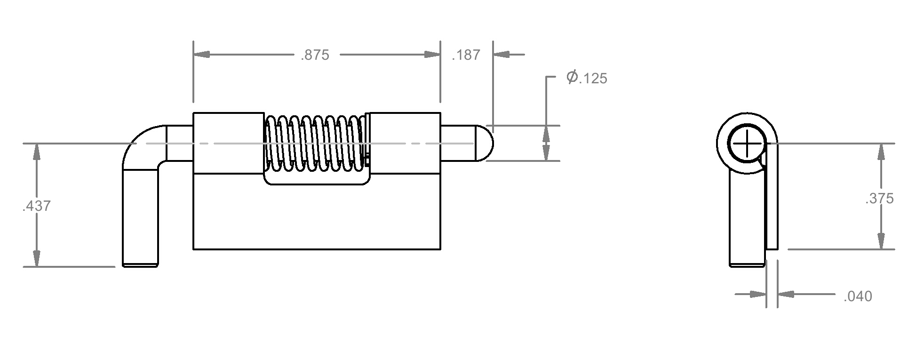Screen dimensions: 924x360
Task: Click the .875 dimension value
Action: tap(315, 55)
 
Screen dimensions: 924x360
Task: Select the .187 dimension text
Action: tap(466, 55)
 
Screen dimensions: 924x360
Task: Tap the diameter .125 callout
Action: tap(587, 78)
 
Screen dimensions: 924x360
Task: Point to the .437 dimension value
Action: tap(36, 206)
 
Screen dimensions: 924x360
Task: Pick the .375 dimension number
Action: tap(879, 199)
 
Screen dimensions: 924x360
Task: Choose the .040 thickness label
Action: tap(858, 296)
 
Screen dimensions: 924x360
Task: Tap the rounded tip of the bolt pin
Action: tap(484, 143)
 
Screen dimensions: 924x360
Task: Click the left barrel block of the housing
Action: tap(228, 143)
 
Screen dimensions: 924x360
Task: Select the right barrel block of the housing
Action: tap(405, 143)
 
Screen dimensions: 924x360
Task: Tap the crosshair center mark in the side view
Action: tap(747, 143)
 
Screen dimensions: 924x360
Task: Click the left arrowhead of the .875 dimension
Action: tap(201, 55)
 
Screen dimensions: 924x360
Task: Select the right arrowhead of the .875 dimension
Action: tap(432, 55)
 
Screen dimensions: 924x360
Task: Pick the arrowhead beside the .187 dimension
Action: tap(502, 55)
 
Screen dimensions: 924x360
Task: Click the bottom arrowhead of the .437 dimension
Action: tap(36, 258)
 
